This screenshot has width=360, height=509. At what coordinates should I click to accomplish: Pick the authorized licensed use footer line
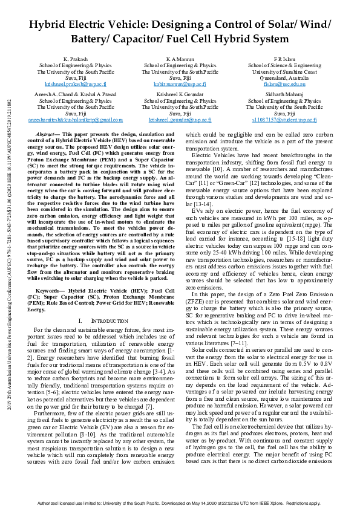point(180,503)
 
